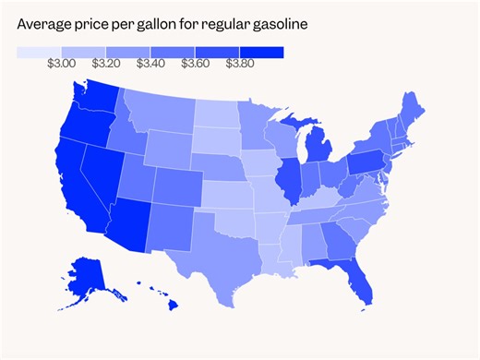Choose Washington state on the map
click(x=93, y=102)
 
